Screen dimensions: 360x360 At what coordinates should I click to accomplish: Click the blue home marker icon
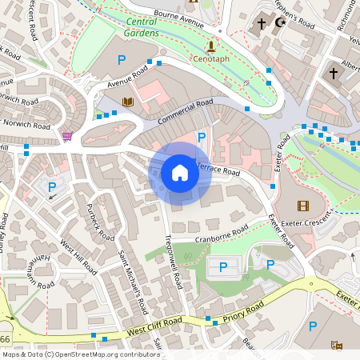pos(180,173)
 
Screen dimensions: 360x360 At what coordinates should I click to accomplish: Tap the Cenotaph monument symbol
pos(210,46)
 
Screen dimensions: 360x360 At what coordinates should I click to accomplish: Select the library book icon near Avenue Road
pos(128,102)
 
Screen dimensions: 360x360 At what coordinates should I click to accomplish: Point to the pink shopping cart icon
pos(68,135)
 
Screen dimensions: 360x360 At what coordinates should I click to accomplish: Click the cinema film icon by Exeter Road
pos(302,206)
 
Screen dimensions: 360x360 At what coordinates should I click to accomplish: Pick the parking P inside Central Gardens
pos(122,59)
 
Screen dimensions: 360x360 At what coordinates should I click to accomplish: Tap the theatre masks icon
pos(337,345)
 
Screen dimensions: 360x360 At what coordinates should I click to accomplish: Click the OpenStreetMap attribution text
pos(80,354)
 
